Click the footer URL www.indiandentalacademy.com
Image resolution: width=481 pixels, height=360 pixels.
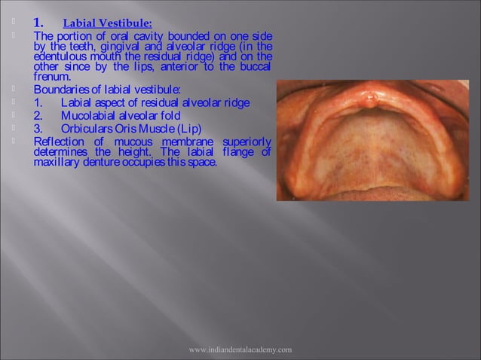click(240, 350)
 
